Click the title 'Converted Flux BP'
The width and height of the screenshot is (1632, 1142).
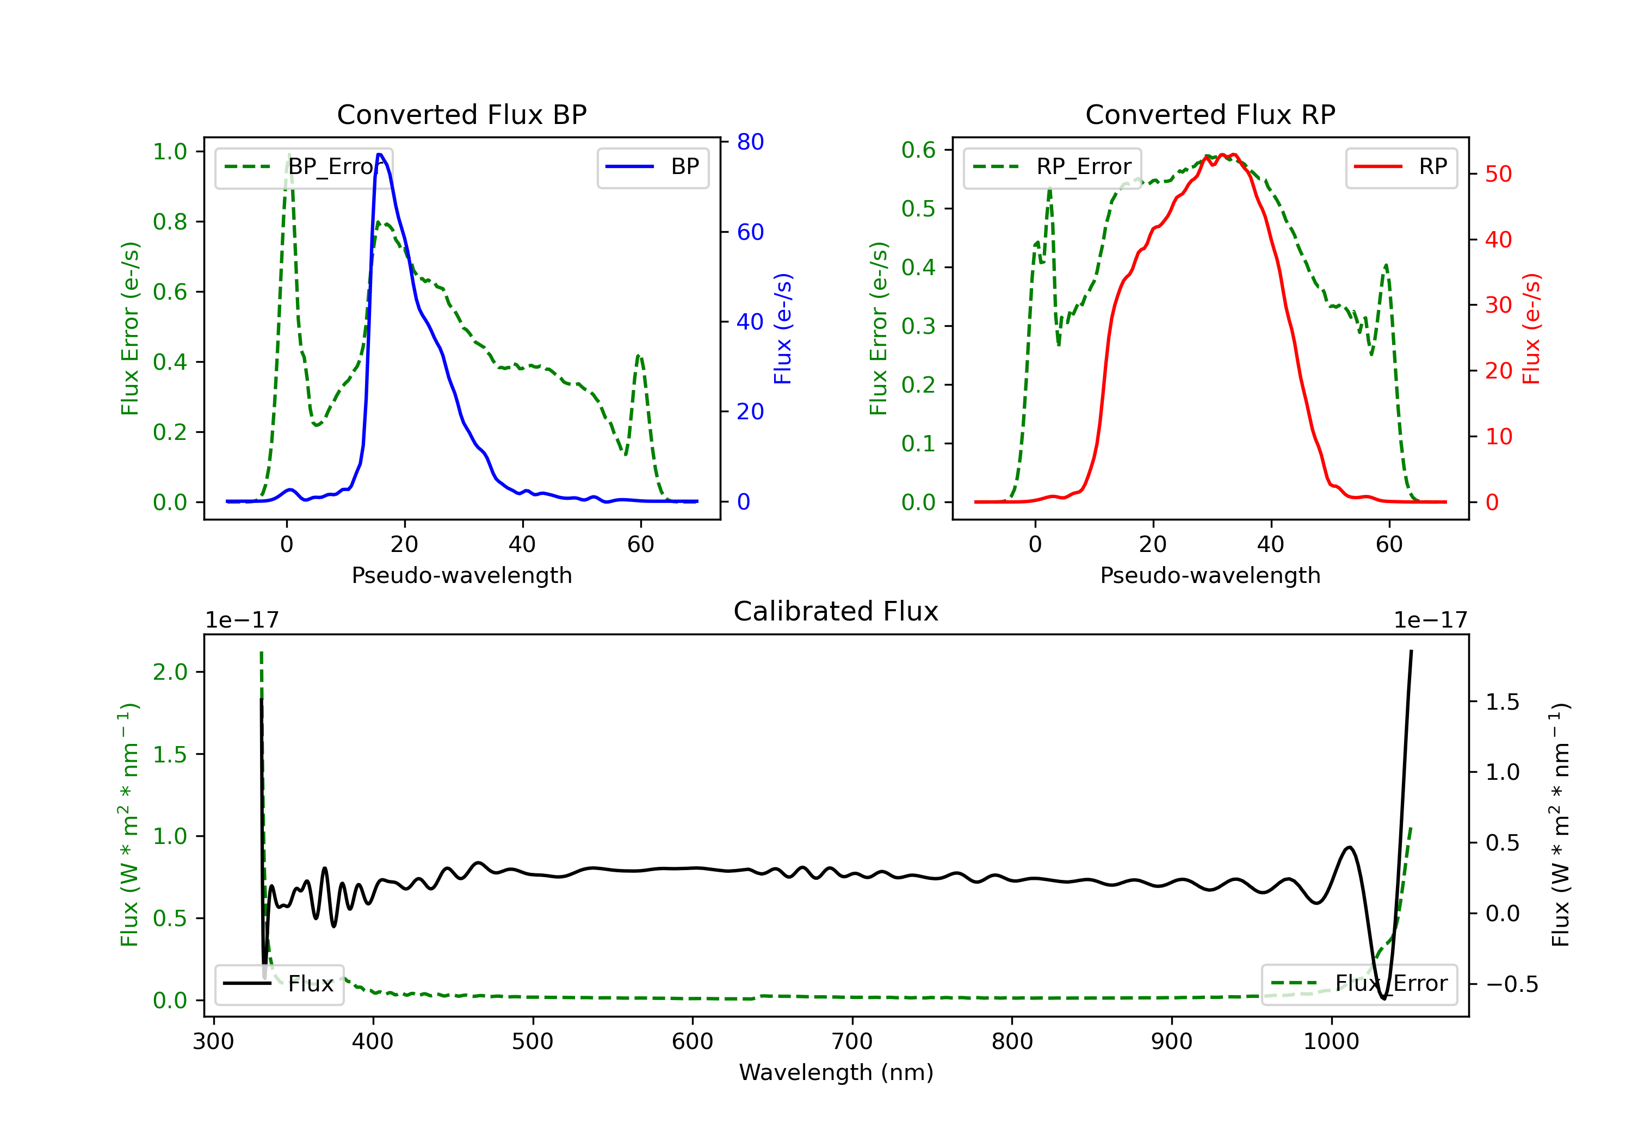point(461,114)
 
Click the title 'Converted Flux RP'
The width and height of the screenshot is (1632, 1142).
point(1210,114)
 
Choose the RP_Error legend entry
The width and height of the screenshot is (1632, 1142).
point(1052,167)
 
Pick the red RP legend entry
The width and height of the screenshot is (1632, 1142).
point(1401,167)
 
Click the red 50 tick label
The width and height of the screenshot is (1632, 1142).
point(1498,174)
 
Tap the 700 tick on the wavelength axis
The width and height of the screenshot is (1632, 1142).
point(852,1042)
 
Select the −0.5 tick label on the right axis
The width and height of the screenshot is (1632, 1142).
point(1511,984)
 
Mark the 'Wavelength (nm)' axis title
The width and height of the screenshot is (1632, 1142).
point(836,1072)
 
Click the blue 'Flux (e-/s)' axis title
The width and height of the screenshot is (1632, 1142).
point(783,328)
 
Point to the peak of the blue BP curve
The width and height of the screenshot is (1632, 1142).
point(380,154)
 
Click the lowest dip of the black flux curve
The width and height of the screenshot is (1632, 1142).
point(1383,998)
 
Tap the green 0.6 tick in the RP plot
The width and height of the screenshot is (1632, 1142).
point(918,150)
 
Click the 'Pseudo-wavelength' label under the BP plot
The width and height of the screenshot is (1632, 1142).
point(462,575)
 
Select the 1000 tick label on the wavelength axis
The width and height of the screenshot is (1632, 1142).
point(1331,1042)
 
